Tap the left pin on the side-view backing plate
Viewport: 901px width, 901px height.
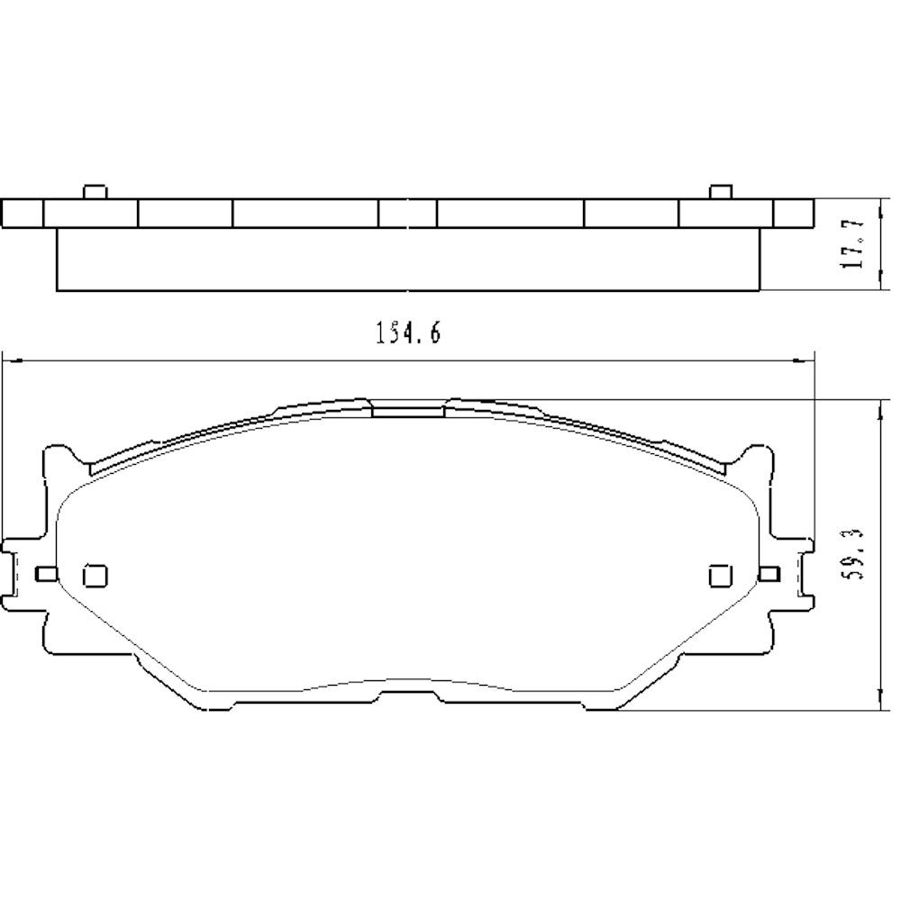[94, 192]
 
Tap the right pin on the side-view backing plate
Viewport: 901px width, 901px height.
[719, 192]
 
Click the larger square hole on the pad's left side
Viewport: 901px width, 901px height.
[94, 574]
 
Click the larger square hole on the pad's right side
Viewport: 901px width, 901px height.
[719, 574]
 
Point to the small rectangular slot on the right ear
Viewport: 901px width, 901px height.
[769, 574]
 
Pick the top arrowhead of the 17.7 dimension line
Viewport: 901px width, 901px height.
[878, 204]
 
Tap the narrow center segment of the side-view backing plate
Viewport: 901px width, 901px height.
[407, 213]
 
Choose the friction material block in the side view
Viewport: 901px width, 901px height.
[407, 259]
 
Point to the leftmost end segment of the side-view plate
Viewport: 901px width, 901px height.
[23, 213]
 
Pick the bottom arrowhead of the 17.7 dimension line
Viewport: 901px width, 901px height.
[878, 285]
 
